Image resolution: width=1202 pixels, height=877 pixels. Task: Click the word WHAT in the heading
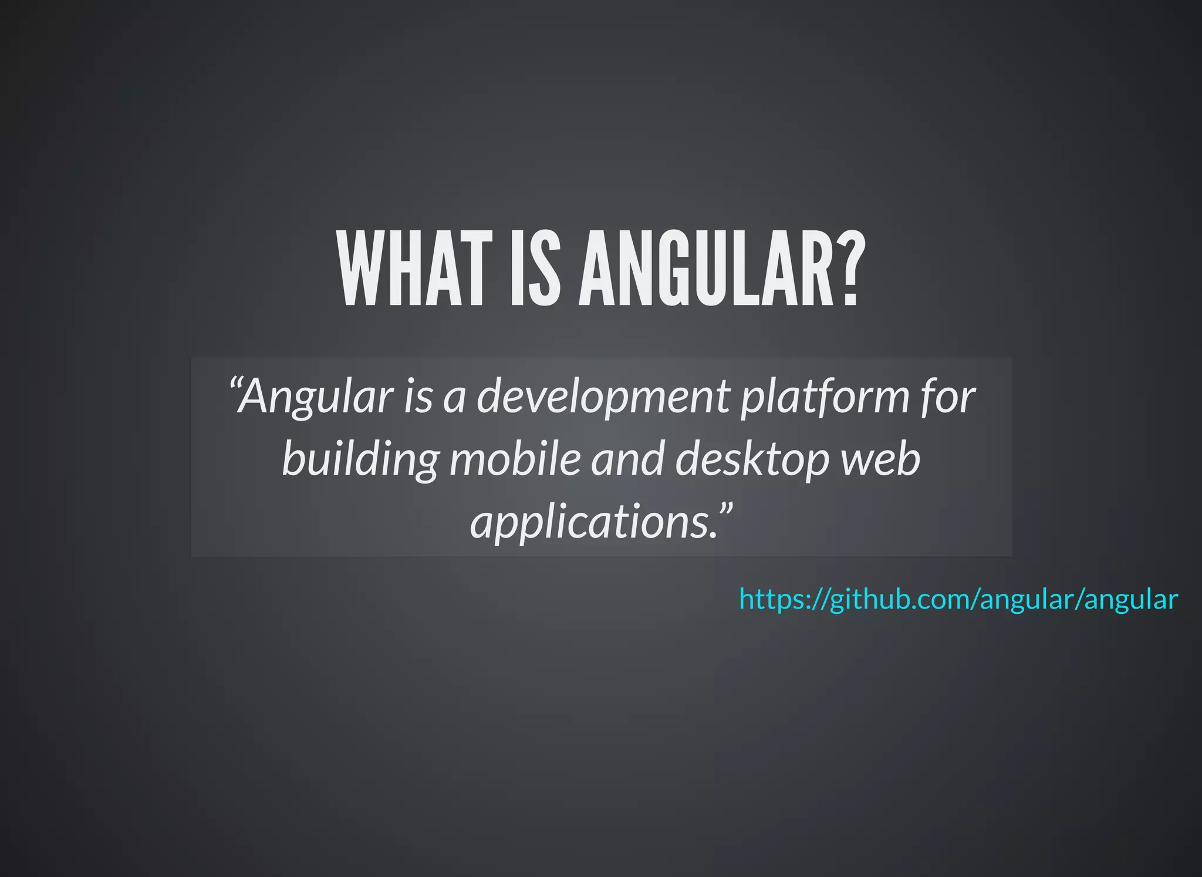[x=414, y=269]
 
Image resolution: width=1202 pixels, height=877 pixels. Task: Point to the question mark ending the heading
[x=850, y=269]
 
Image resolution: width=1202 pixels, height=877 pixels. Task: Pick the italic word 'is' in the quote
[x=417, y=397]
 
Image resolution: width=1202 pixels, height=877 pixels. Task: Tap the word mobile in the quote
[x=515, y=459]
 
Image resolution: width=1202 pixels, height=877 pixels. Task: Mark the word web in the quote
[x=881, y=459]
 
